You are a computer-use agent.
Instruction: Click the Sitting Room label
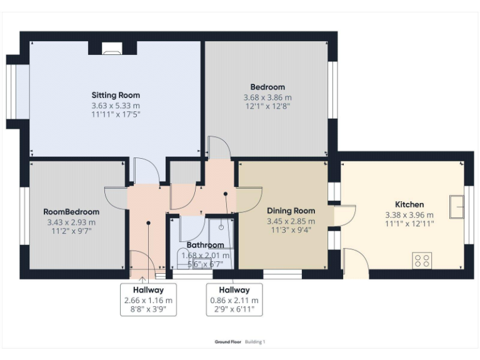click(116, 95)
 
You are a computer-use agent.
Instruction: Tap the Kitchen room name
click(409, 204)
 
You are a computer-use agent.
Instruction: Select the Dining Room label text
click(291, 211)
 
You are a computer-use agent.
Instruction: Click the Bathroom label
click(205, 245)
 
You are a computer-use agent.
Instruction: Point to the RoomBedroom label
click(71, 212)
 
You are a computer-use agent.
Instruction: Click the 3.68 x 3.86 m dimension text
click(267, 97)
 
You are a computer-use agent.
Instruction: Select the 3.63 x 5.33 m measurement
click(116, 106)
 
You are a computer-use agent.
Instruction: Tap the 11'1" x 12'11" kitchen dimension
click(409, 223)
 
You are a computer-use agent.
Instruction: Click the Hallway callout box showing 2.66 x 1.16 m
click(148, 299)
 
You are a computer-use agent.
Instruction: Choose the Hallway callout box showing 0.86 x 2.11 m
click(234, 299)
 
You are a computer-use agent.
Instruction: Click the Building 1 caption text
click(255, 342)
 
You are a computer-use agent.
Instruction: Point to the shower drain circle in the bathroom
click(221, 228)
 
